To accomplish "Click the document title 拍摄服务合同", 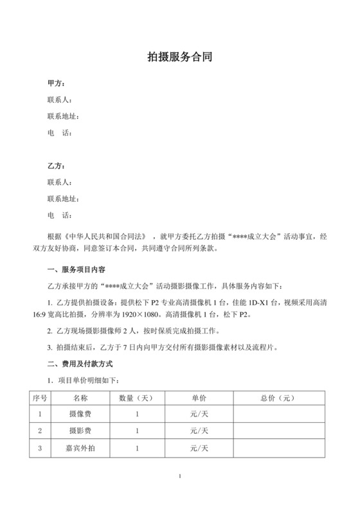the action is pos(180,57).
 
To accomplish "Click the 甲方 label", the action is pos(56,84).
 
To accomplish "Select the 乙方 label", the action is pos(56,166).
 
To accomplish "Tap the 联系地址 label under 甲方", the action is pos(62,116).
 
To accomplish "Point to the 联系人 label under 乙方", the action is pos(59,182).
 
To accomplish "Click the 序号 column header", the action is pos(40,398).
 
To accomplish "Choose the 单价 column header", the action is pos(199,398).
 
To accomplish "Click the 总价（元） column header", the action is pos(277,398).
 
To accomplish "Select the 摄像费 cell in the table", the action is pos(80,414).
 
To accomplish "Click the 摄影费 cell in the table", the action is pos(80,430).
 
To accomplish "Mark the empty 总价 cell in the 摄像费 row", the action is pos(277,414).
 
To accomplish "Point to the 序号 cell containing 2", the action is pos(40,430).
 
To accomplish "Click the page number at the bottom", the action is pos(181,476).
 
